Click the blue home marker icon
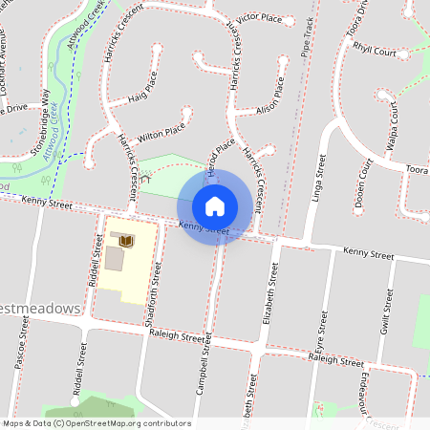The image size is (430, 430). (215, 206)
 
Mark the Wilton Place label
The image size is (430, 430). (161, 133)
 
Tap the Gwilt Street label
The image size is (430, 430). (387, 312)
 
